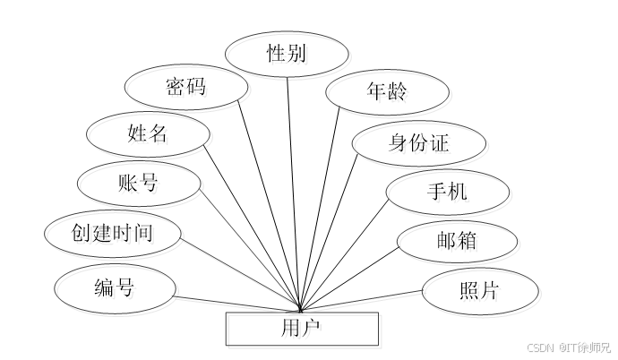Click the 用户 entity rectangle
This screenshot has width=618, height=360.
303,330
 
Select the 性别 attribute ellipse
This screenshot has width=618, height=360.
288,56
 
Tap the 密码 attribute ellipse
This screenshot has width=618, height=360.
186,90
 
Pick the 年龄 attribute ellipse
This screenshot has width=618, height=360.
388,93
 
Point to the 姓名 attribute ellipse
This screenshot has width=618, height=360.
149,137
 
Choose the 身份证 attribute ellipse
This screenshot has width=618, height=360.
420,146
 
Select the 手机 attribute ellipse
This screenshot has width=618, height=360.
449,193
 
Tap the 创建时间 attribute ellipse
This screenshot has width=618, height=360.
114,235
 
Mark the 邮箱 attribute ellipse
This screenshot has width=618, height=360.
459,244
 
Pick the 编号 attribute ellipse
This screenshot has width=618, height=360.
117,289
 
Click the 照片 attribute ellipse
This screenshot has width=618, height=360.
481,293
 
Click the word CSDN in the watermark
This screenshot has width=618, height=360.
537,347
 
